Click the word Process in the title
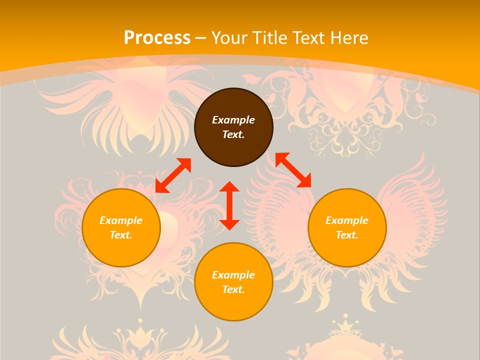click(x=157, y=38)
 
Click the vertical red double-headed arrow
click(x=229, y=205)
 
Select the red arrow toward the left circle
click(x=173, y=175)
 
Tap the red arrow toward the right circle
click(x=293, y=170)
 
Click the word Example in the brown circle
click(x=233, y=120)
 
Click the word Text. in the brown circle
click(x=233, y=134)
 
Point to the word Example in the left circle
click(x=121, y=220)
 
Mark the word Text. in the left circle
click(x=121, y=235)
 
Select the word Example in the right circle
click(x=347, y=220)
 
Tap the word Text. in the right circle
click(x=347, y=235)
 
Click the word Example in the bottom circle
click(x=233, y=275)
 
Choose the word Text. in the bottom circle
click(x=233, y=289)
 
